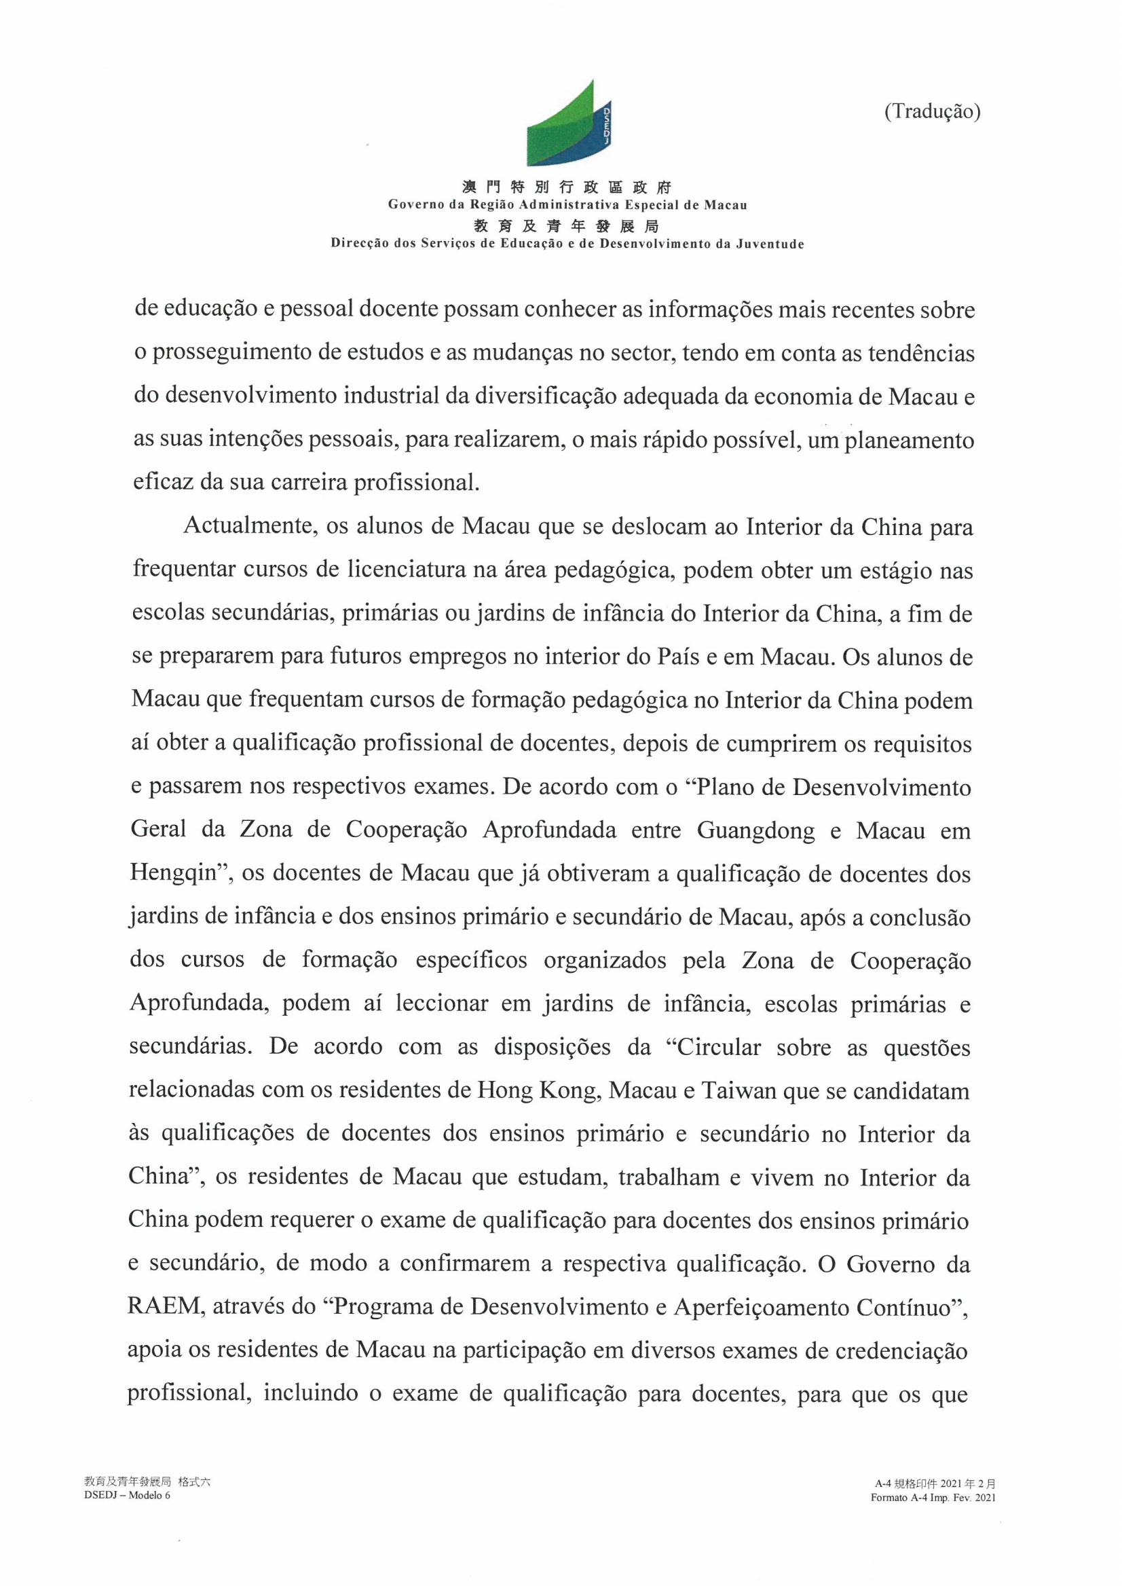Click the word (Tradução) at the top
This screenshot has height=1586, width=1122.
(932, 112)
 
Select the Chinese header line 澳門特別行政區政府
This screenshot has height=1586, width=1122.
(567, 187)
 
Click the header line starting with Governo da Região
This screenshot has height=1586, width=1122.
(567, 205)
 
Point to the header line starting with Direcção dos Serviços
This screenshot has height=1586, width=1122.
(567, 244)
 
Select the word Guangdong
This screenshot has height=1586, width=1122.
(756, 830)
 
